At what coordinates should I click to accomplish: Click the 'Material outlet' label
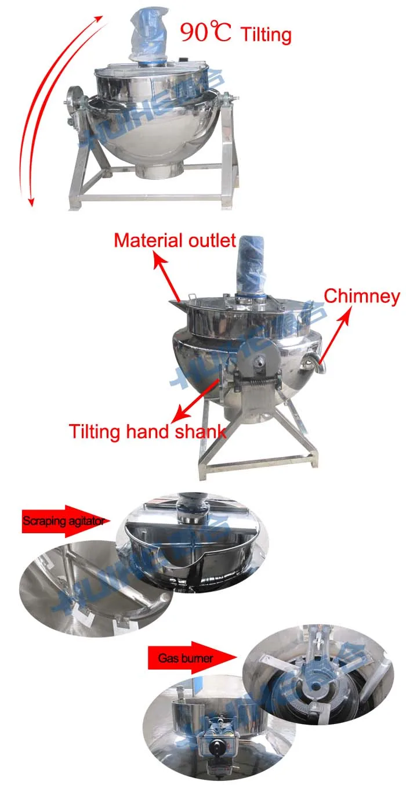[175, 240]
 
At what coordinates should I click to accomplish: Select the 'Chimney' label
[361, 296]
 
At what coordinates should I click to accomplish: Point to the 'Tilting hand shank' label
[148, 432]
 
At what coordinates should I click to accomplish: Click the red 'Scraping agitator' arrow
[64, 520]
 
